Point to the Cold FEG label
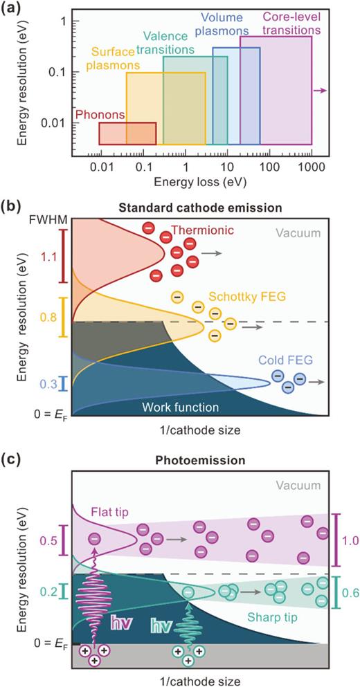[x=277, y=360]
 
